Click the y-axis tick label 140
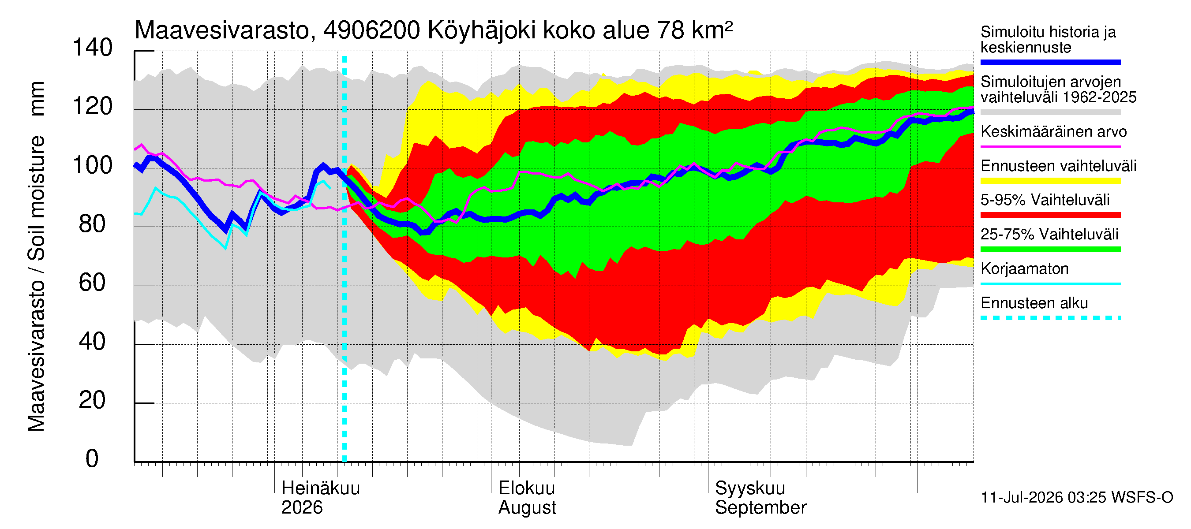coord(93,48)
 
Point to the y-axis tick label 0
coord(93,459)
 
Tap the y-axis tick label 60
coord(93,283)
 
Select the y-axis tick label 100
coord(93,165)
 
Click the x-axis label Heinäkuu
coord(321,488)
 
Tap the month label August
coord(527,508)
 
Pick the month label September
coord(760,508)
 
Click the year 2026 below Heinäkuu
coord(302,508)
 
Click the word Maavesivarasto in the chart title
coord(222,30)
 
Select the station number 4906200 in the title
coord(372,30)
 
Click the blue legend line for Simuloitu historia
coord(1050,62)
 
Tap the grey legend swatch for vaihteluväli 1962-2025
coord(1050,112)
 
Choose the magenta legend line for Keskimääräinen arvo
coord(1050,146)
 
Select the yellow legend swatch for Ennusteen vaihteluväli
coord(1050,181)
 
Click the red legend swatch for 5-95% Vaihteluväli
coord(1050,215)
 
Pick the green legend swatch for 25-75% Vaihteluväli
coord(1050,250)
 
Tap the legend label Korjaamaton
coord(1025,269)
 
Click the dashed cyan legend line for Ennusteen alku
coord(1050,318)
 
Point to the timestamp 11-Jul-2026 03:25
coord(1044,498)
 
